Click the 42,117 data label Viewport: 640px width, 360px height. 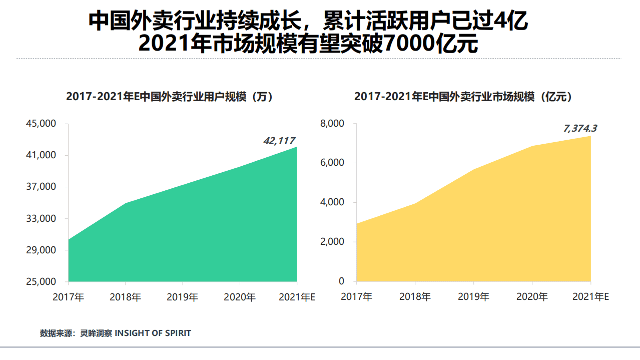[x=279, y=141]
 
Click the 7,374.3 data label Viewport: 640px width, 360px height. [x=580, y=129]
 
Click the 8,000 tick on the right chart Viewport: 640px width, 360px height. [x=332, y=124]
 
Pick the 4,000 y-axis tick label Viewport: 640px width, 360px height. [x=332, y=203]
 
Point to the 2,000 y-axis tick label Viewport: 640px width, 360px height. [x=332, y=242]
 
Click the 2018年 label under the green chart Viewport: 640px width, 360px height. [x=125, y=297]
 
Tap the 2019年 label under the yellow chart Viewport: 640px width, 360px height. [x=473, y=297]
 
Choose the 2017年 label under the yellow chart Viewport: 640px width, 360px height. [x=356, y=297]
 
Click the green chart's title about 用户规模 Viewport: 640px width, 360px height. [x=170, y=97]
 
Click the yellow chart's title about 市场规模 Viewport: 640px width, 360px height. [x=463, y=97]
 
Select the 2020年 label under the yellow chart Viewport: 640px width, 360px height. [x=532, y=297]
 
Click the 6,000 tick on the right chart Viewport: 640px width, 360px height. [x=332, y=163]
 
